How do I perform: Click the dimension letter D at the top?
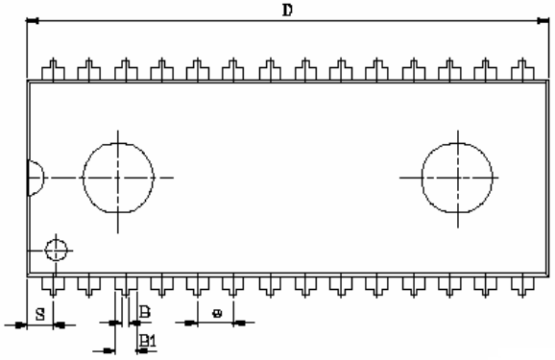[x=286, y=10]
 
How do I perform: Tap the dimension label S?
[x=39, y=312]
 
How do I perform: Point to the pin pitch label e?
[x=217, y=312]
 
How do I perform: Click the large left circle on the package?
[x=118, y=179]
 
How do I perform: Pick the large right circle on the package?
[x=458, y=179]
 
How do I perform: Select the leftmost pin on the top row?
[x=54, y=70]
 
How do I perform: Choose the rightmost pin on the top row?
[x=523, y=70]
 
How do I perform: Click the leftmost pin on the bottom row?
[x=54, y=285]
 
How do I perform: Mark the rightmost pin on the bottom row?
[x=523, y=285]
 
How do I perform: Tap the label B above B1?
[x=145, y=312]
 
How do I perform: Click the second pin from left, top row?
[x=89, y=70]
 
